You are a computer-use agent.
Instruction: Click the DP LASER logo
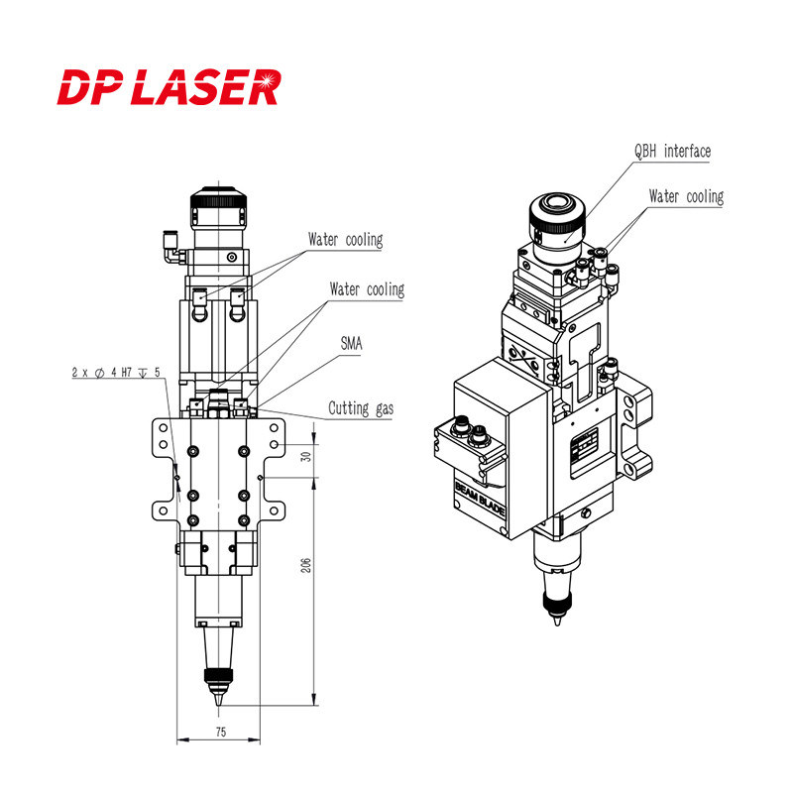(x=169, y=86)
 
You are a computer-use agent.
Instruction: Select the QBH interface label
(x=672, y=152)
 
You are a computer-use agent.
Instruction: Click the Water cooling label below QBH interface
(x=686, y=197)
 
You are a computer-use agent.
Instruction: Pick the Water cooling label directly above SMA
(x=367, y=290)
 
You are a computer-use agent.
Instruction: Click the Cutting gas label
(x=360, y=408)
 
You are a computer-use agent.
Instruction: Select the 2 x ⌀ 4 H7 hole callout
(x=116, y=373)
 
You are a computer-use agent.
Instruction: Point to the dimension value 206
(x=306, y=565)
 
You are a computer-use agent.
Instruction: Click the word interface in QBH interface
(x=688, y=152)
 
